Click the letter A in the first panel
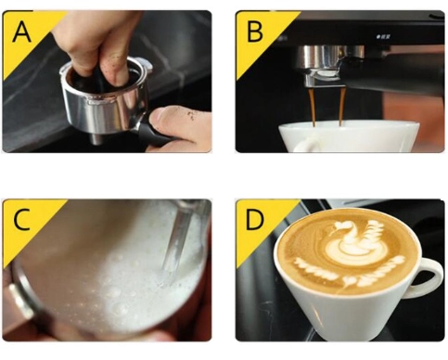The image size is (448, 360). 21,32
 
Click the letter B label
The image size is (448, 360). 255,32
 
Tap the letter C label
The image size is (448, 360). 21,219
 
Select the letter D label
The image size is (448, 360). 255,219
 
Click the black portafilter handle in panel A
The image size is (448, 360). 155,136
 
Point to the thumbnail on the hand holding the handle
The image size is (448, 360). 160,113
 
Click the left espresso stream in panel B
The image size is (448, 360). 313,107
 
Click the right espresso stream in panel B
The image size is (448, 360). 341,107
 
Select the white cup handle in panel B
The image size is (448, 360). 306,144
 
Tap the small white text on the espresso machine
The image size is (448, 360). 383,37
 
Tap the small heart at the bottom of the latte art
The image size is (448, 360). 351,281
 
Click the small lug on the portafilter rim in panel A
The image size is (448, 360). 147,66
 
